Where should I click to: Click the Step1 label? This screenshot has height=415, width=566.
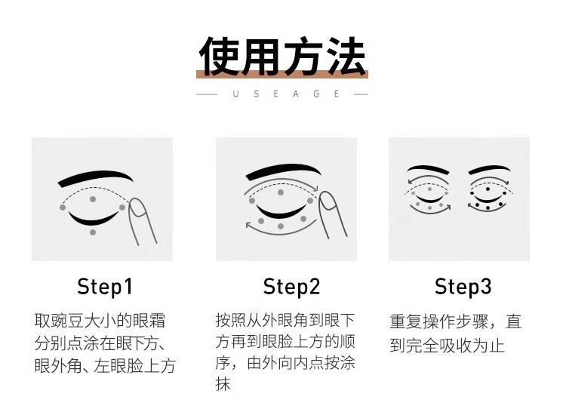click(105, 287)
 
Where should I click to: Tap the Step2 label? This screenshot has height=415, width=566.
click(291, 287)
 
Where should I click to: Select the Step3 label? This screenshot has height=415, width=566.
click(463, 287)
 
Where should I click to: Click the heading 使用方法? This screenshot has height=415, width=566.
click(282, 57)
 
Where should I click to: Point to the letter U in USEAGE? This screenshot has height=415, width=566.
click(235, 94)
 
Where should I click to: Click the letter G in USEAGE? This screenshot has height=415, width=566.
click(316, 94)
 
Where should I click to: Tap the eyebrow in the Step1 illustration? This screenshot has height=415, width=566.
click(95, 178)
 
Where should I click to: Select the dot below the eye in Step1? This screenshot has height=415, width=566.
click(93, 232)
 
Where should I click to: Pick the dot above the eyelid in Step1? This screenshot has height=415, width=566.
click(93, 199)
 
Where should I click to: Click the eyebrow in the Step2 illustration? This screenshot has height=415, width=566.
click(283, 171)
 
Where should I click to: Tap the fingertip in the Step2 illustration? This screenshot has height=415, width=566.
click(328, 200)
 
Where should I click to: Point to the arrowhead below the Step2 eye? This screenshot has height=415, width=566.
click(249, 226)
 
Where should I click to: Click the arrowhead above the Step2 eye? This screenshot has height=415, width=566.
click(315, 188)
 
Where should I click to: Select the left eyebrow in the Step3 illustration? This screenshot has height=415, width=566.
click(428, 169)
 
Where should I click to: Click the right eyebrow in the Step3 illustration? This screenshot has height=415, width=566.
click(490, 169)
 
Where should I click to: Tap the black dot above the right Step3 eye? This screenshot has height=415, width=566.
click(488, 189)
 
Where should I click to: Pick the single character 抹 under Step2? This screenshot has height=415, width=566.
click(223, 384)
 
